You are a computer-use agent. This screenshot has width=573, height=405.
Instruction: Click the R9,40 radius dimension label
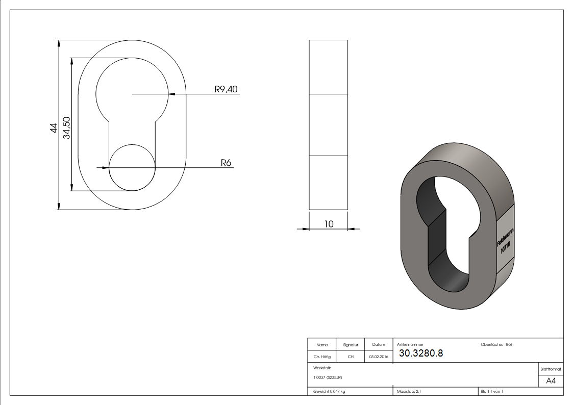[226, 89]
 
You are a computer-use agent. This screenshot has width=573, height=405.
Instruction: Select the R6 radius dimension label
[226, 163]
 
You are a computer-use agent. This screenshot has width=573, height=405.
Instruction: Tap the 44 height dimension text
[53, 128]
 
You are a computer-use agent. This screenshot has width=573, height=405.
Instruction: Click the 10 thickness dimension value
[329, 223]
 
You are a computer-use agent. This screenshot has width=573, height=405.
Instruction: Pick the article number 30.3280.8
[421, 353]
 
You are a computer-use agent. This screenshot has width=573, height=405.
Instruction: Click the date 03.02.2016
[379, 357]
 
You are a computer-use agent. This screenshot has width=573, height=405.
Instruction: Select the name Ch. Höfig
[322, 357]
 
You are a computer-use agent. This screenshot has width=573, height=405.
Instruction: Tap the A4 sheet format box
[551, 381]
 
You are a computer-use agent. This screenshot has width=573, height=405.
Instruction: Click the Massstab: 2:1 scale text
[409, 391]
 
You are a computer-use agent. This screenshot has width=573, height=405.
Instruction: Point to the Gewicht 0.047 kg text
[329, 391]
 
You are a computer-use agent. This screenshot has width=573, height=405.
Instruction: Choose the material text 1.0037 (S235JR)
[328, 377]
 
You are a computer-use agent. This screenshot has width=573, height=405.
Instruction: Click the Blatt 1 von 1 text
[492, 391]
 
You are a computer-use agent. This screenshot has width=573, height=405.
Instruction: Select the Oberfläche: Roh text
[497, 345]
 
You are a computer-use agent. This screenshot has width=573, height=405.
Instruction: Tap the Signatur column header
[351, 345]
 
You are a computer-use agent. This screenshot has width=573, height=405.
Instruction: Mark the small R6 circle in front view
[133, 167]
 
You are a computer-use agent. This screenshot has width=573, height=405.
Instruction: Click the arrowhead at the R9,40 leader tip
[171, 94]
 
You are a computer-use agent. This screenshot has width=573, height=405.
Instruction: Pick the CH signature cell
[351, 357]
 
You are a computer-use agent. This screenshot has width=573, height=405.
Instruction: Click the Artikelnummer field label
[410, 344]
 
